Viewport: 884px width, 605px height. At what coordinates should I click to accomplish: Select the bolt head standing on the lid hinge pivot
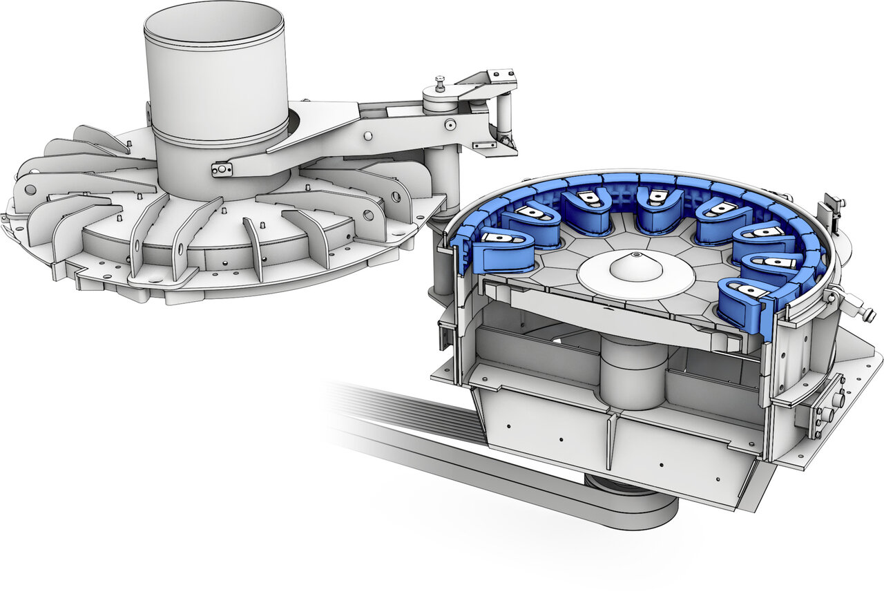440,84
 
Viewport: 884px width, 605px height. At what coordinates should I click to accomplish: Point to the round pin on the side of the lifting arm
450,125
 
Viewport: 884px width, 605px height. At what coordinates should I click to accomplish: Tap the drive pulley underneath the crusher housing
632,501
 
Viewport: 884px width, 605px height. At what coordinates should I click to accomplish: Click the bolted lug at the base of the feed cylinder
222,169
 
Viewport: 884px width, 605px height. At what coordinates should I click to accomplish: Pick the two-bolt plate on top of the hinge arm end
501,73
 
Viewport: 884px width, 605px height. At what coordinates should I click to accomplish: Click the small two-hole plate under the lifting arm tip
485,145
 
